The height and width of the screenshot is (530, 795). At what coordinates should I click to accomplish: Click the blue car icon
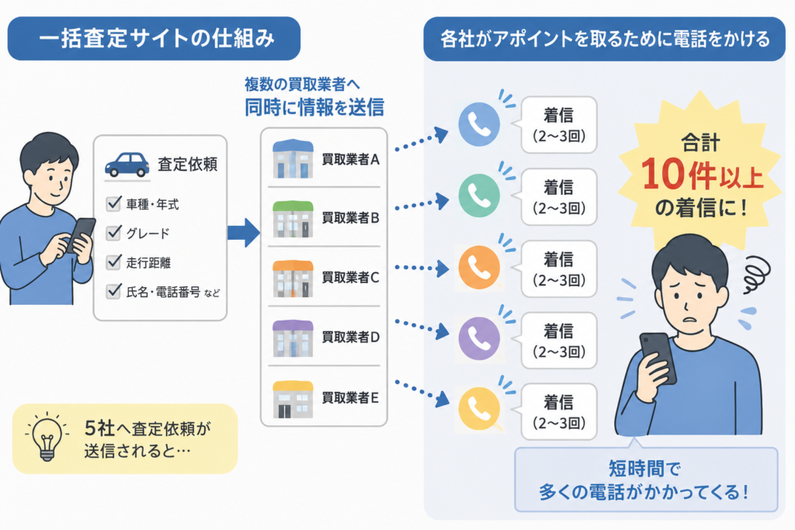coord(127,165)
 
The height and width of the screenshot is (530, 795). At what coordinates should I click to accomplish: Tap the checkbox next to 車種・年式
coord(113,203)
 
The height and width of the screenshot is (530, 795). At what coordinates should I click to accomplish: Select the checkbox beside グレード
coord(113,233)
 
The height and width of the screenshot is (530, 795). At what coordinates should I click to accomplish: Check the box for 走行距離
coord(113,262)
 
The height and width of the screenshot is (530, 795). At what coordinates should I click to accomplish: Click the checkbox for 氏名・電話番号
coord(113,291)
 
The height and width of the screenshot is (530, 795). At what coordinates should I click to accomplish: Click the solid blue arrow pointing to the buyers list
coord(244,233)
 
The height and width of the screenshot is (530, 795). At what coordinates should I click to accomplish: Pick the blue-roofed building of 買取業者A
coord(293,158)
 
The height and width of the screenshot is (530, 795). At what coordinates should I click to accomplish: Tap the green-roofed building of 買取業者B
coord(293,219)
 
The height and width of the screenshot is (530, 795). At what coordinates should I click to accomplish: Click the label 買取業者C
coord(350,278)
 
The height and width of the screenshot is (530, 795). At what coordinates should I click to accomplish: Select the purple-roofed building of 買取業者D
coord(293,338)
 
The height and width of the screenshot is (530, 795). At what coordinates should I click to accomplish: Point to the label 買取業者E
coord(350,398)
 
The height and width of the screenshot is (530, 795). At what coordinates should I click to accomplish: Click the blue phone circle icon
coord(479,124)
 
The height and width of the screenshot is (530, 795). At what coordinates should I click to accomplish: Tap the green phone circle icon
coord(479,196)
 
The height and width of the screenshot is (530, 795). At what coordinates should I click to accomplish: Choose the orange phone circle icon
coord(479,268)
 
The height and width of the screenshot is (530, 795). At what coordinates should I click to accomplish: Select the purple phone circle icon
coord(479,338)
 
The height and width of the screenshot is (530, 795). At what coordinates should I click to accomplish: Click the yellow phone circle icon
coord(479,409)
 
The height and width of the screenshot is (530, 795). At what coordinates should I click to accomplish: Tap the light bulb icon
coord(47,437)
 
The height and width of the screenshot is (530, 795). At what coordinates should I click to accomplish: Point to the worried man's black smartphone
coord(658,357)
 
